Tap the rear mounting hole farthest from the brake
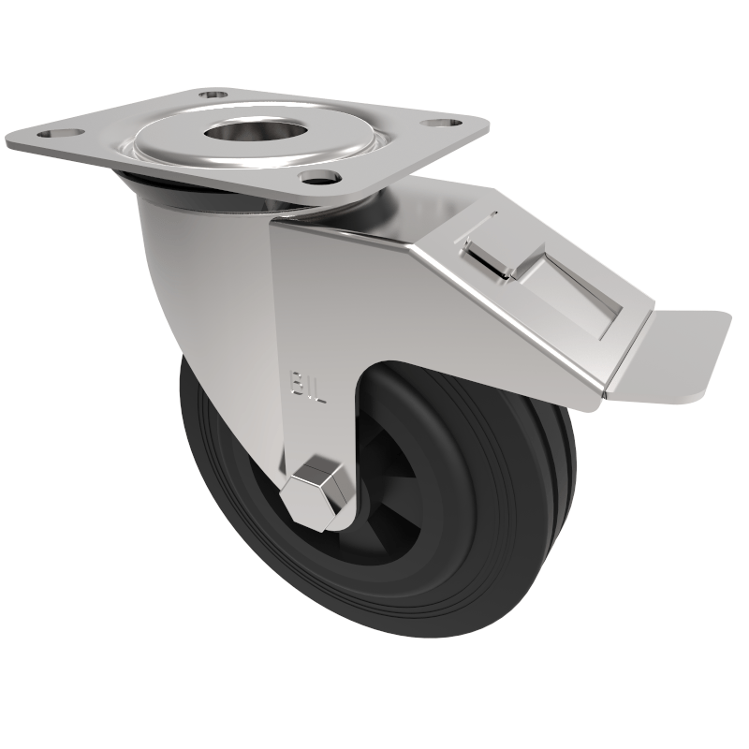(213, 95)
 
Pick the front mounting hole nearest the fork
(318, 176)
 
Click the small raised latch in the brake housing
(487, 253)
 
